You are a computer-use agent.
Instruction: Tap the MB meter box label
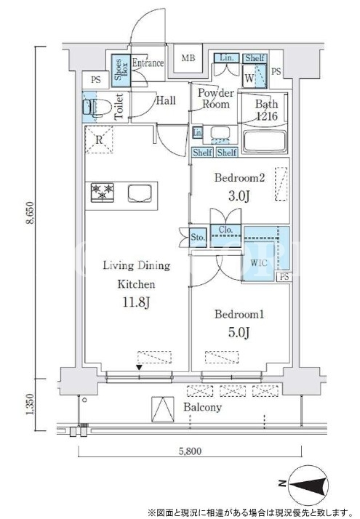[188, 58]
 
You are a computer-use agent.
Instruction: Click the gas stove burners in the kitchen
[103, 193]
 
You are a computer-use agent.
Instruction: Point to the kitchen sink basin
[140, 193]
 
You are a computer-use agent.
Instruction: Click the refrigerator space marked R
[99, 140]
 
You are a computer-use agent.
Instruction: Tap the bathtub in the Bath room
[264, 141]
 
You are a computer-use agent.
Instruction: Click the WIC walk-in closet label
[259, 263]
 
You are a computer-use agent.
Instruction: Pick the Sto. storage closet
[198, 237]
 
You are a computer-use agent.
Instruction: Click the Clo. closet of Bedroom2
[225, 236]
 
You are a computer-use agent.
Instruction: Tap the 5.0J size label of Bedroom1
[239, 332]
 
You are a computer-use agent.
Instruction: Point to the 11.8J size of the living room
[137, 302]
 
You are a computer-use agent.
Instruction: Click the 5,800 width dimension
[190, 451]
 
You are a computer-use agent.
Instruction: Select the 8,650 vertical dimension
[30, 212]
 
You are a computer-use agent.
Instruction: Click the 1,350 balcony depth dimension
[30, 404]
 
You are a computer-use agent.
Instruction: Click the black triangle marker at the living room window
[140, 367]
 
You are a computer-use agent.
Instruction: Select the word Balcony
[203, 407]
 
